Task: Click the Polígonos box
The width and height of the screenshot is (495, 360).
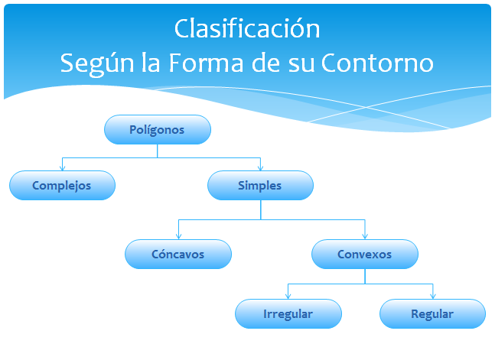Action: (x=158, y=130)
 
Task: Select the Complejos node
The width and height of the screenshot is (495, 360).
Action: (x=62, y=186)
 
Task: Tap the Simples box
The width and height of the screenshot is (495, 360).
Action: (x=260, y=186)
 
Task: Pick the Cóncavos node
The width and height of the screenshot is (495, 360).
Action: (x=178, y=255)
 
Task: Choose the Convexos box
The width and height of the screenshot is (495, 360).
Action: (x=365, y=255)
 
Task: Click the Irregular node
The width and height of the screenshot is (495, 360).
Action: (x=288, y=314)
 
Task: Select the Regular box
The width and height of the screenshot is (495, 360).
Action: (x=432, y=314)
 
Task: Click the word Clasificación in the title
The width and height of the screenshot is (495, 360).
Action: (x=247, y=29)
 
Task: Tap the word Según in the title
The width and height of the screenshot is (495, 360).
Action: (x=97, y=64)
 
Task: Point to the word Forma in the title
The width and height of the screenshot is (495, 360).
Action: (x=206, y=63)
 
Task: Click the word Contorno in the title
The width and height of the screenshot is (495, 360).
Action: (x=378, y=63)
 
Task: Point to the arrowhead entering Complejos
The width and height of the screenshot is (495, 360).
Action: (x=62, y=168)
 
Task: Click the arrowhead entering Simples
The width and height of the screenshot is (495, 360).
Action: (x=260, y=168)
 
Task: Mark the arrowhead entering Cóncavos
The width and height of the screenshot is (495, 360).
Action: (x=179, y=236)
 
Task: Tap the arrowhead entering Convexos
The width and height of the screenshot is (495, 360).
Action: (x=365, y=236)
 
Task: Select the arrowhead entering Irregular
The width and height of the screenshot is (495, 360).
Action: (x=288, y=297)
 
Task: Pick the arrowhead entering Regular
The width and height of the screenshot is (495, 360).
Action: (x=433, y=297)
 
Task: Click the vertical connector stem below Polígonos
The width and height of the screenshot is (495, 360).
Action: (x=157, y=151)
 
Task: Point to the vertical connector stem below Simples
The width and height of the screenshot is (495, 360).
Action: (x=261, y=210)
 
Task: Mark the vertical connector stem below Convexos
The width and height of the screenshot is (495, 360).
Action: (x=365, y=277)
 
